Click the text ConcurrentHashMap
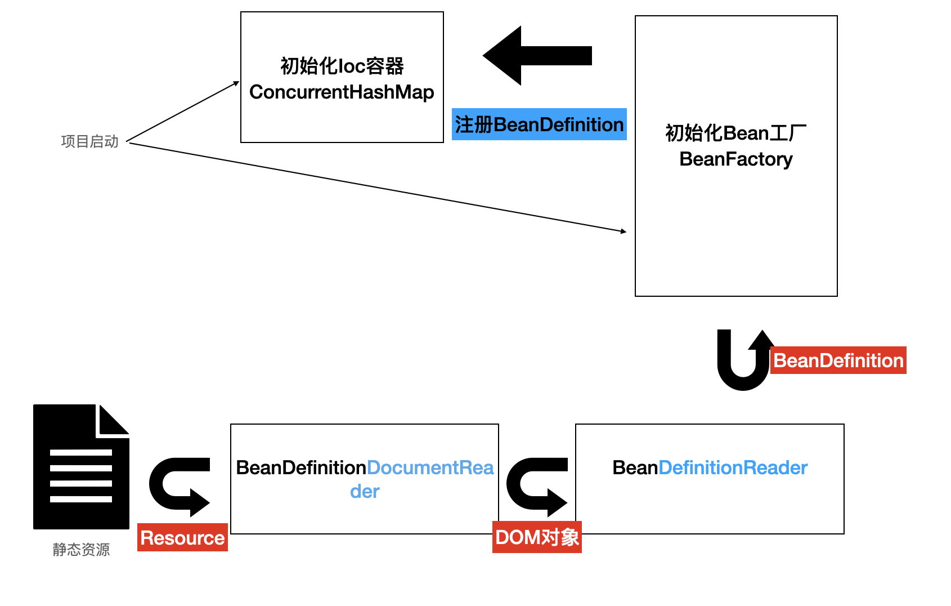click(342, 92)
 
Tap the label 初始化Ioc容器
click(342, 66)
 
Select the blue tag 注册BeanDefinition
click(539, 124)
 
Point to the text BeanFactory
click(735, 159)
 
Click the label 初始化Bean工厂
click(735, 133)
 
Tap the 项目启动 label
click(90, 141)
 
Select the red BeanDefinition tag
click(838, 360)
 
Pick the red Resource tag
click(182, 538)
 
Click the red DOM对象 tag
click(537, 537)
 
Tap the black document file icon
click(80, 467)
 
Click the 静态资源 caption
click(81, 549)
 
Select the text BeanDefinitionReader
click(710, 467)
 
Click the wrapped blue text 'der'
click(365, 492)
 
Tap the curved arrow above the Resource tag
click(179, 485)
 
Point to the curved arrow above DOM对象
click(536, 485)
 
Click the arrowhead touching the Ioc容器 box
click(236, 83)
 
